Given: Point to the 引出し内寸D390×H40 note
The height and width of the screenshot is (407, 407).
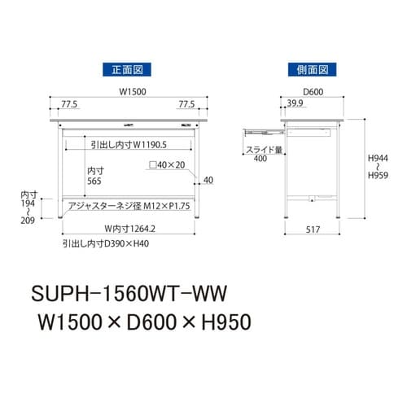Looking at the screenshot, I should click(107, 243).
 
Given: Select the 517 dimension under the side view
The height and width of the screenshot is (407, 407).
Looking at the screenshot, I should click(313, 230).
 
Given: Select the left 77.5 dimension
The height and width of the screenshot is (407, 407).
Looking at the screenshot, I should click(71, 104).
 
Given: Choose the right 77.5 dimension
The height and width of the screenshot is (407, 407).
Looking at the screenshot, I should click(186, 104).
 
